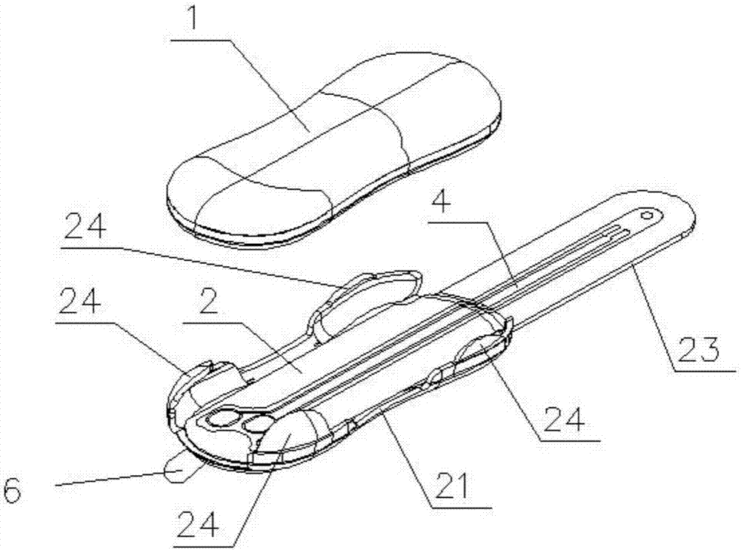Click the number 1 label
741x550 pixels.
point(195,20)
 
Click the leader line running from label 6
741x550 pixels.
point(111,479)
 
